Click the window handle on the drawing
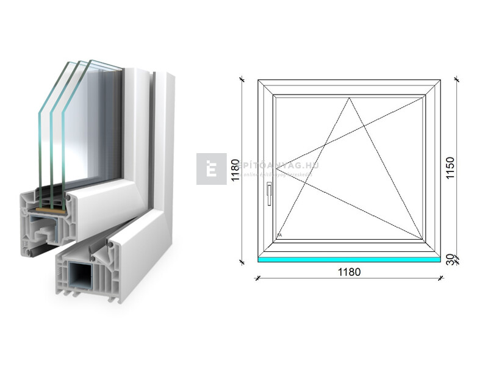click(268, 195)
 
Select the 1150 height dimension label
click(450, 168)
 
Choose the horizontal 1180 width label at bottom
click(349, 271)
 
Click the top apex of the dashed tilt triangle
click(350, 98)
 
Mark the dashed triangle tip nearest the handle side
click(276, 167)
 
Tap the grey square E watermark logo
click(211, 169)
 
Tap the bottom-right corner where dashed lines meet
click(423, 239)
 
